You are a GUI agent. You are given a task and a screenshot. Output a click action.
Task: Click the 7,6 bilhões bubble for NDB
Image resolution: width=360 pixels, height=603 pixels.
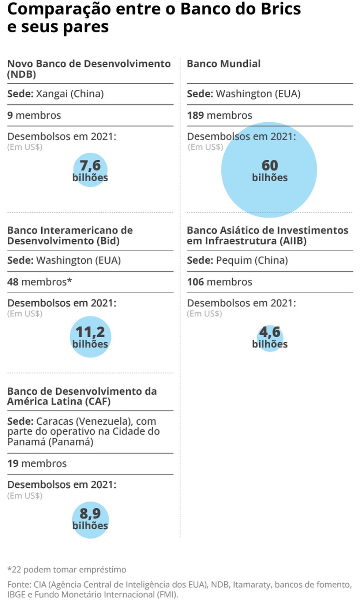[90, 170]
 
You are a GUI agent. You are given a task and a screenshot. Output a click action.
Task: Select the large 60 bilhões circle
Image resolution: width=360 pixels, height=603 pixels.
[269, 170]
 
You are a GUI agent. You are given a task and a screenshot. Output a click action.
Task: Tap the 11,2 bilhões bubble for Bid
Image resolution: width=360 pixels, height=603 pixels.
[90, 336]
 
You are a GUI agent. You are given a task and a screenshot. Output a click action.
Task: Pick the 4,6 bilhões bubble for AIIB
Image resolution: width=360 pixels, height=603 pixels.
[270, 338]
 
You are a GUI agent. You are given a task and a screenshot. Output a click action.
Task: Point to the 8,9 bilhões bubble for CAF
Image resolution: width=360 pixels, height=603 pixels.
[90, 519]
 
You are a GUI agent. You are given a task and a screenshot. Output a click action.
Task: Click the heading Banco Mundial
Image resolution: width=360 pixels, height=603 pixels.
[224, 64]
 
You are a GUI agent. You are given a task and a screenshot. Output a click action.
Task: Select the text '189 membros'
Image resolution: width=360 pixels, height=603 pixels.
[220, 115]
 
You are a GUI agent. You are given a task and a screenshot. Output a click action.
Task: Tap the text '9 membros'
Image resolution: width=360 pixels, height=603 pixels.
[34, 115]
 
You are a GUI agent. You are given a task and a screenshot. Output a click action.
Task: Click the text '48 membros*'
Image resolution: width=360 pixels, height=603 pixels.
[40, 282]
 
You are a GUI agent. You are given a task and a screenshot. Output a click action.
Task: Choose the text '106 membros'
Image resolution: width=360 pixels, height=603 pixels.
[220, 282]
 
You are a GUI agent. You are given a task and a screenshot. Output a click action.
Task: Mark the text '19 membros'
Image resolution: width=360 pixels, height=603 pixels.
[37, 464]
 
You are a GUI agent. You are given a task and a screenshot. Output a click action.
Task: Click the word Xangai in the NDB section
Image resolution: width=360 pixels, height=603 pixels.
[52, 94]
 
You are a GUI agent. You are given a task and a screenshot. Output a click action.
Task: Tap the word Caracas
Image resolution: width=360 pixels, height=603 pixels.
[55, 421]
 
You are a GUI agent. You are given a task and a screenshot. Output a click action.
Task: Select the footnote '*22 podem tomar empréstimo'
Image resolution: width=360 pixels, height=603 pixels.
[67, 570]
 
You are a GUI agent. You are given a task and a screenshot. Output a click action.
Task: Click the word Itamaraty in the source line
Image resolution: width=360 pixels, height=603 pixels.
[253, 585]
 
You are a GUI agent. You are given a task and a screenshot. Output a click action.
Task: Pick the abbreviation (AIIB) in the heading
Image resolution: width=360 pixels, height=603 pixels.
[293, 241]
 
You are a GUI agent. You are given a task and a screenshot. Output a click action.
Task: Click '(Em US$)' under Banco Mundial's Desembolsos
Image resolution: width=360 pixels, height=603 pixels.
[205, 147]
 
